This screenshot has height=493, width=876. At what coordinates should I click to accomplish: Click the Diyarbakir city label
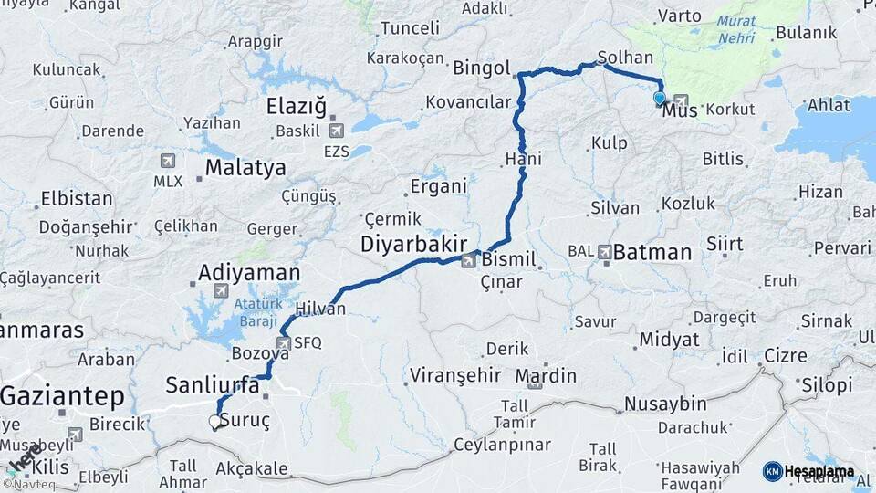click(x=413, y=244)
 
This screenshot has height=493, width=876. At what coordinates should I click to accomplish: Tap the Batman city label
click(x=652, y=252)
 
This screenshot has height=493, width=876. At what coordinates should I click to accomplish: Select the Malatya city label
click(x=245, y=168)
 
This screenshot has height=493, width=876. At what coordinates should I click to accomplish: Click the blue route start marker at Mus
click(x=660, y=98)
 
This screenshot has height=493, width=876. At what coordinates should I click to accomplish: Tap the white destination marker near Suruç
click(x=215, y=421)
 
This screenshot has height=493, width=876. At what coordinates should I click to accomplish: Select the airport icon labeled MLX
click(x=168, y=160)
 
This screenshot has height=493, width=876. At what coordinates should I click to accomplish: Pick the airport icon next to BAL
click(x=606, y=250)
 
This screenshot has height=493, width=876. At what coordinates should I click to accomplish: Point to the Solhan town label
click(x=626, y=57)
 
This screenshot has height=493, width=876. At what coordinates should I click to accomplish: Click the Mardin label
click(x=546, y=375)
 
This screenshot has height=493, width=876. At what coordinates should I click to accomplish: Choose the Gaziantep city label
click(x=62, y=396)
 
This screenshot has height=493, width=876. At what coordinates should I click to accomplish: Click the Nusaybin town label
click(x=665, y=404)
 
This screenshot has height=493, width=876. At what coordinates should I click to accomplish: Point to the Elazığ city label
click(x=296, y=107)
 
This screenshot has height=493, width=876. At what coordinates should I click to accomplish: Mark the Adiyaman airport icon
click(x=220, y=290)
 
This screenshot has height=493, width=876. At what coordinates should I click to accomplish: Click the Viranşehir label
click(x=455, y=374)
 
